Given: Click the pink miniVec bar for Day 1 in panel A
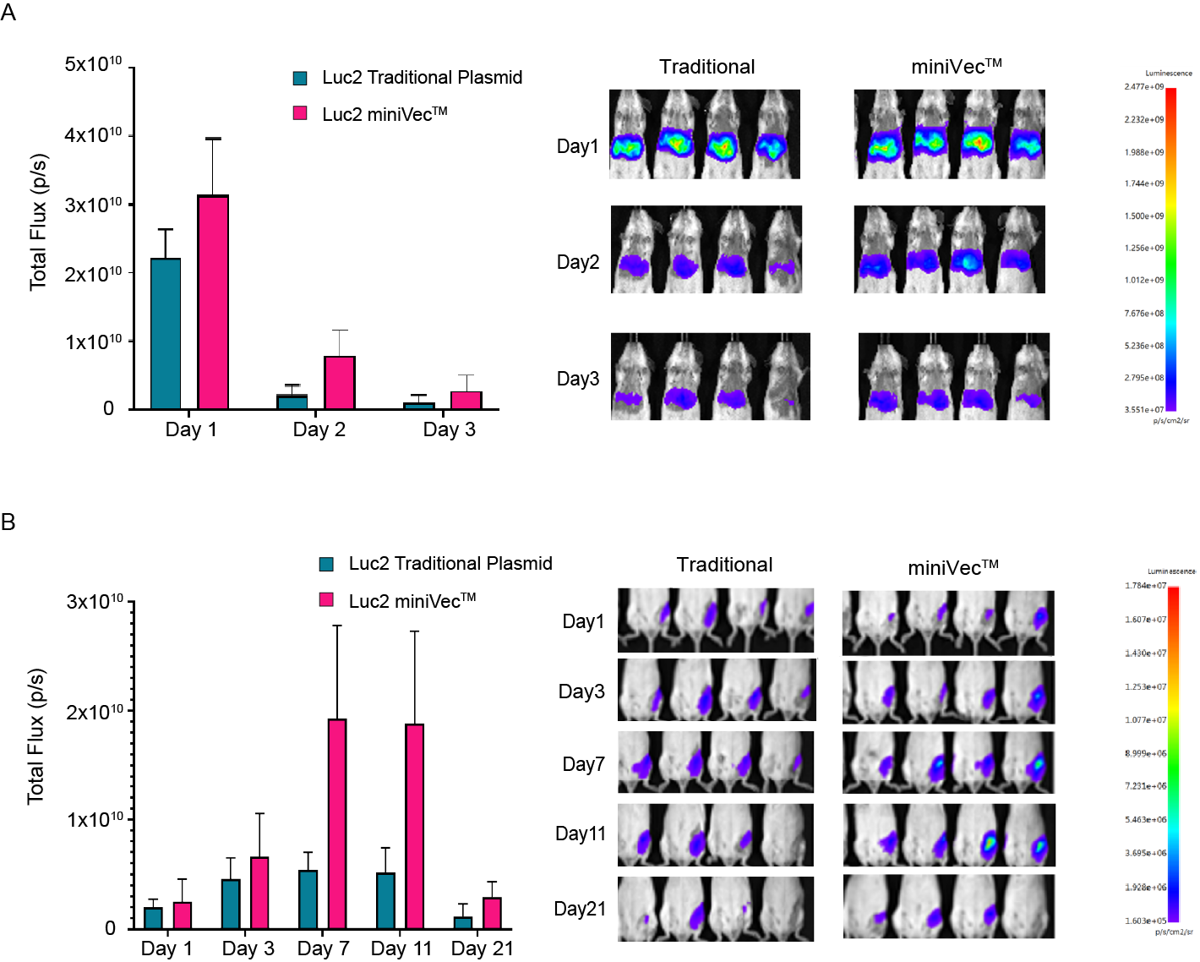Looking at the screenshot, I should (213, 302).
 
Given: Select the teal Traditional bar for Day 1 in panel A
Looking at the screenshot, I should (166, 333).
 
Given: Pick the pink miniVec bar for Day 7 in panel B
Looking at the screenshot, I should (337, 823).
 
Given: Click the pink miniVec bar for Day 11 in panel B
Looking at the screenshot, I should (415, 826).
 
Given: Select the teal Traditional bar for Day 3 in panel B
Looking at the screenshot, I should (231, 904).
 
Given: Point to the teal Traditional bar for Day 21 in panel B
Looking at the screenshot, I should (463, 922).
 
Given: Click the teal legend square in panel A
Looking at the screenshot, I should (300, 79).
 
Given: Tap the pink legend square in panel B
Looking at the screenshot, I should (326, 599).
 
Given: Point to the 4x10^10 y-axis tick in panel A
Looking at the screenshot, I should (93, 135).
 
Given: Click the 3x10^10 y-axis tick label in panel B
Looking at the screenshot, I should (95, 601).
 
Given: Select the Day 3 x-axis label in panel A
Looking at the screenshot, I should (449, 429).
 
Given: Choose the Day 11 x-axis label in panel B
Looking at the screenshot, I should (401, 948).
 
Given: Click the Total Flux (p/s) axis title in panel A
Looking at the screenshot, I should (38, 222).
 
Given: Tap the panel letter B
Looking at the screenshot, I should (8, 522).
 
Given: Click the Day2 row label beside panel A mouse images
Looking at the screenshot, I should (578, 262).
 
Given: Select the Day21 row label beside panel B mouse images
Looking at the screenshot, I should (580, 909).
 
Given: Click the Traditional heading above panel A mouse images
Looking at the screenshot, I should (706, 67).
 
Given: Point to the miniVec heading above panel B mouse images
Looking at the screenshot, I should (952, 567).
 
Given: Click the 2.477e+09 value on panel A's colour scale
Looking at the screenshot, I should (1143, 86).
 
